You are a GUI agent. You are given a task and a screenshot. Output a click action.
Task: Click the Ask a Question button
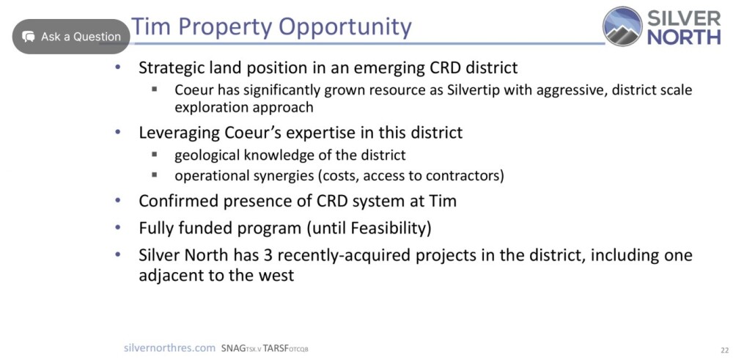tap(71, 37)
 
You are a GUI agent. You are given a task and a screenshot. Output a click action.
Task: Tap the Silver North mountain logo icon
tap(622, 26)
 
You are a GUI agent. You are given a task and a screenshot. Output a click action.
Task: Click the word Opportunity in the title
tap(344, 27)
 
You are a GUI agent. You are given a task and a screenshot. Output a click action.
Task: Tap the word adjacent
tap(170, 275)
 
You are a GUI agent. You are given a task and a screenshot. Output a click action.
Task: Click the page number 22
tap(725, 350)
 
